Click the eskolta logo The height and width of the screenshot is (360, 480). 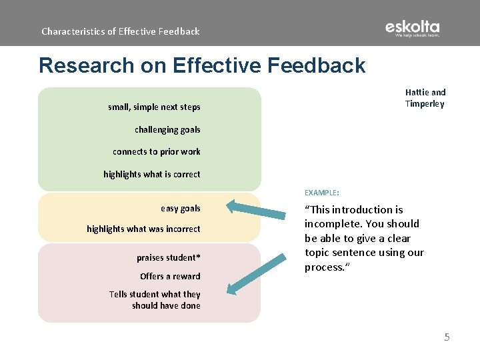412,29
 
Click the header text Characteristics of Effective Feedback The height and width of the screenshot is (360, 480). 120,31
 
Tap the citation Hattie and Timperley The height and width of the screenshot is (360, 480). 425,98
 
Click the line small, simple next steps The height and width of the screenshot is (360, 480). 154,107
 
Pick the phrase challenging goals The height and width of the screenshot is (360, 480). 167,130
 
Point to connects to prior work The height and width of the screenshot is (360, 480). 156,152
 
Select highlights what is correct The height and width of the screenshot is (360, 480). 151,175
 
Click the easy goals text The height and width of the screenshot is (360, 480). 180,209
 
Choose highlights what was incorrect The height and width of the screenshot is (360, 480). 143,229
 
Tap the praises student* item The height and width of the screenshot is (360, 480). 168,258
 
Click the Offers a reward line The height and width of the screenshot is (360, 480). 170,277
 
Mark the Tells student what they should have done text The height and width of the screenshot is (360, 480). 155,300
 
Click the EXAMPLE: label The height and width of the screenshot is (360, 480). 321,193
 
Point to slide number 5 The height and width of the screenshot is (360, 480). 447,337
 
